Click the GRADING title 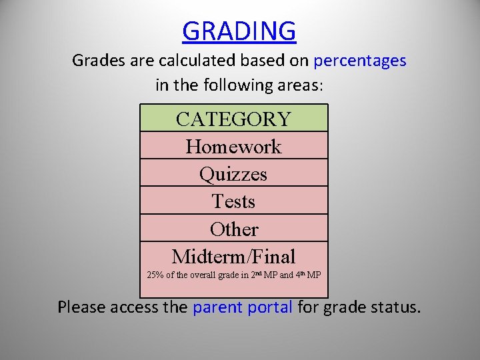tap(239, 31)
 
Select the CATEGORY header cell tap(233, 119)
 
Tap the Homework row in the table tap(233, 146)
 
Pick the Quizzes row tap(233, 173)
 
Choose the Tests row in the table tap(233, 201)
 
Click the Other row tap(233, 229)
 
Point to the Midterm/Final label tap(233, 256)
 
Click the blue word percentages tap(360, 61)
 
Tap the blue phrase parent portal tap(243, 307)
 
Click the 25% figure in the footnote tap(154, 275)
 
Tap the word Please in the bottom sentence tap(82, 307)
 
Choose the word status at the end tap(397, 307)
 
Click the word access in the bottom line tap(137, 307)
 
